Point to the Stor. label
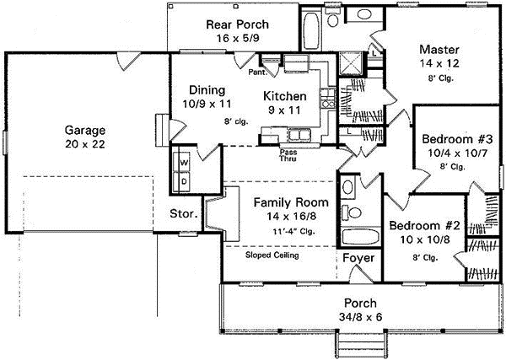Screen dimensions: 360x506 pos(184,214)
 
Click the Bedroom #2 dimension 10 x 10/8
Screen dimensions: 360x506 pos(424,239)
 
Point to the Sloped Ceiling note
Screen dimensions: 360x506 pos(272,255)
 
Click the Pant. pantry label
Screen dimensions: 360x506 pos(257,73)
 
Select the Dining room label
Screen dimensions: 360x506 pos(207,90)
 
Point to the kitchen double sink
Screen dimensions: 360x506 pos(297,136)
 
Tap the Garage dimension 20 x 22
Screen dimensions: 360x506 pos(85,144)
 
